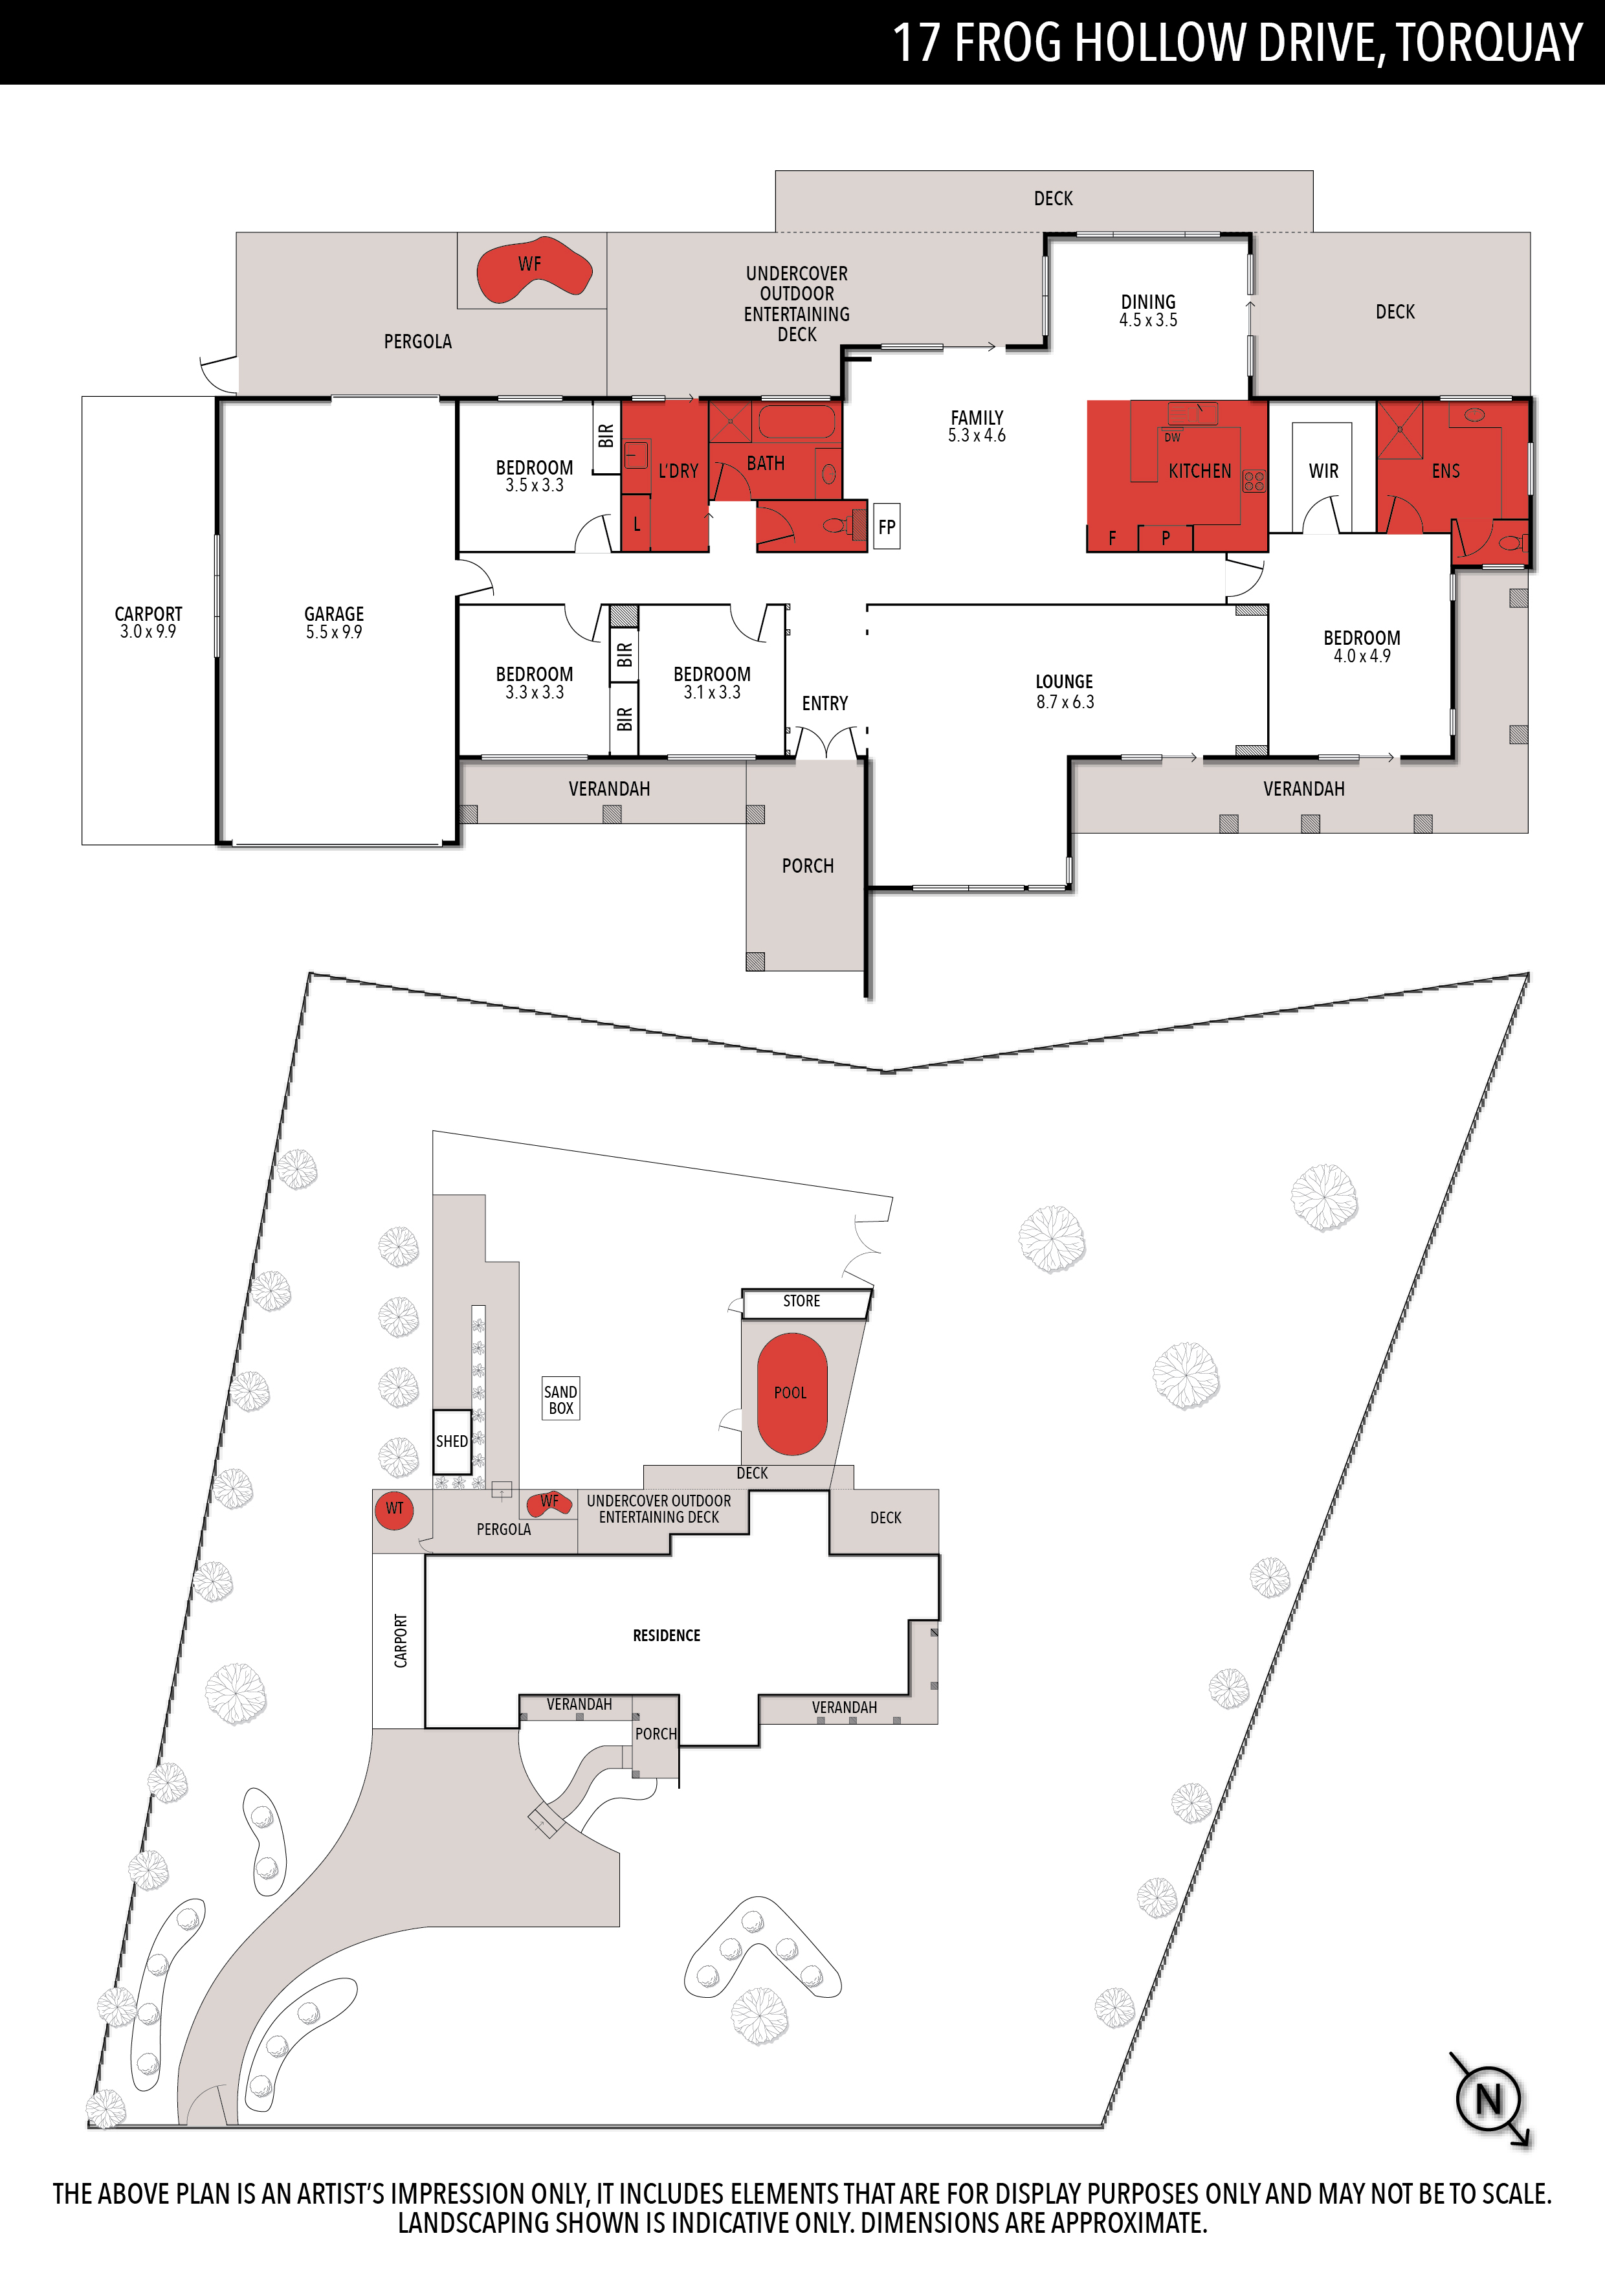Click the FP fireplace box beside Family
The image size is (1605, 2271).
887,527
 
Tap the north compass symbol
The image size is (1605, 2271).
1489,2099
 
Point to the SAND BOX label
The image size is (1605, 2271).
560,1400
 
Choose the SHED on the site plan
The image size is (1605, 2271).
452,1441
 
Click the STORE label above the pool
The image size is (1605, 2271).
801,1301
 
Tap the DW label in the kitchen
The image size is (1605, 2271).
1172,437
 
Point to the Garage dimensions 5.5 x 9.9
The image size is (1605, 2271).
334,632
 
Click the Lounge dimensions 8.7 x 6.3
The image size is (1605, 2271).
1065,702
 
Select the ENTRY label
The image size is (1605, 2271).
825,703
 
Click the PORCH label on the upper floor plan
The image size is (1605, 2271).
808,866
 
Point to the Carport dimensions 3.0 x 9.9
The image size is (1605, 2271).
148,632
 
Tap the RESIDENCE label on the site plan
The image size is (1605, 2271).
667,1636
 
